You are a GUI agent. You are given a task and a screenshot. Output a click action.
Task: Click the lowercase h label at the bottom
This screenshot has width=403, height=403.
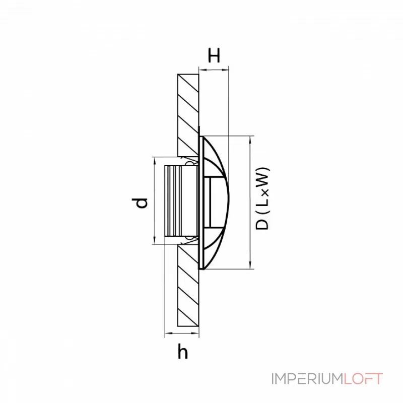[183, 352]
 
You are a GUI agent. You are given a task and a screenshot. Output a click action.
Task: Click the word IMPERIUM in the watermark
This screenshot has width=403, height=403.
[307, 379]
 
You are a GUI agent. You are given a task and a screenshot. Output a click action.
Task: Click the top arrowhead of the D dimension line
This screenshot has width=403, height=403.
[250, 139]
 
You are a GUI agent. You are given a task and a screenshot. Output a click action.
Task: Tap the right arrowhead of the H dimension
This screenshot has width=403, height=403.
[227, 70]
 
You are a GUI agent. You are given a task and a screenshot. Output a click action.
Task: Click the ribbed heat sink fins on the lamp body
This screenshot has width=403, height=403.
[174, 201]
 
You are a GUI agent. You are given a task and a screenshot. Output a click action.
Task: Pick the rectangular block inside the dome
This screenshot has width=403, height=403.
[214, 201]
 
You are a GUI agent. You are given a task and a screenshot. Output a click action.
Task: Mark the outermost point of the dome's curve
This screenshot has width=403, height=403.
[233, 201]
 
